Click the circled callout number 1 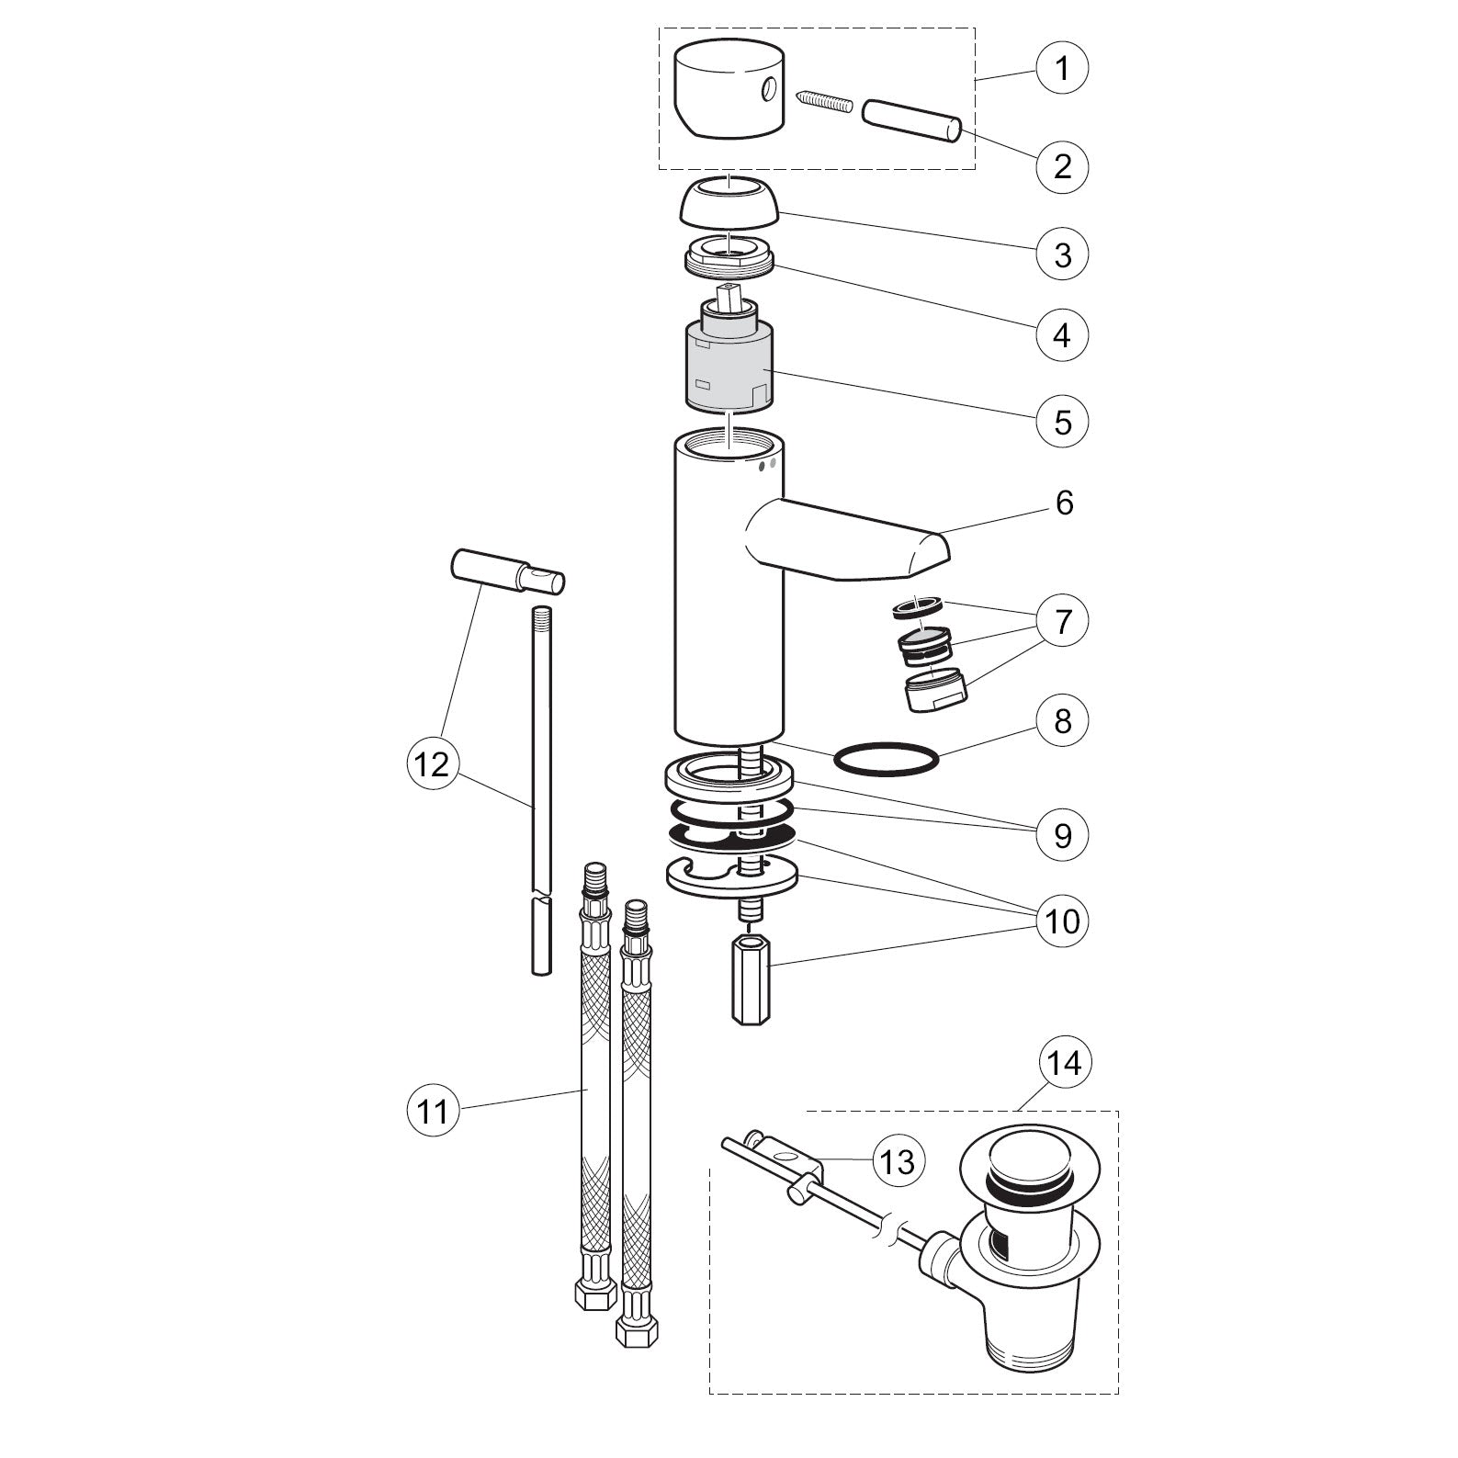pos(1062,68)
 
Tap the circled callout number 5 pos(1062,422)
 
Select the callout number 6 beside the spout pos(1064,503)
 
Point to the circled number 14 pos(1066,1063)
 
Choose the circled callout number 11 pos(433,1112)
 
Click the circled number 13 pos(897,1162)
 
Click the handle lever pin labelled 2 pos(912,120)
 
